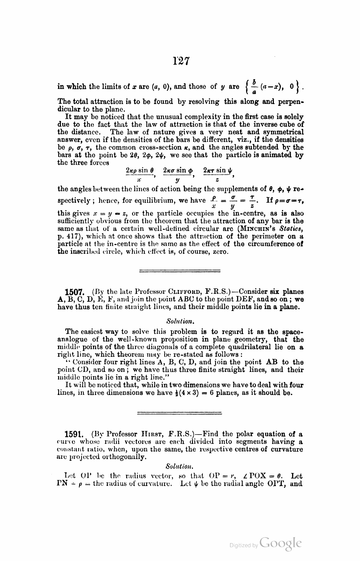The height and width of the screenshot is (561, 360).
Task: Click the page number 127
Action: click(181, 62)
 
